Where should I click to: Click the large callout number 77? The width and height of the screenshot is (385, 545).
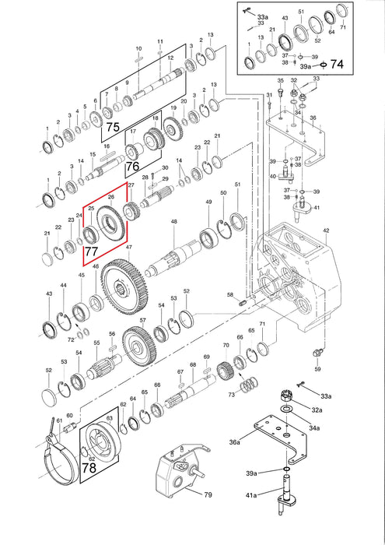click(92, 251)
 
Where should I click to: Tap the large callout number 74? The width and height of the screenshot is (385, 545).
click(337, 64)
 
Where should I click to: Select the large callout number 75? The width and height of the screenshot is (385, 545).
click(113, 127)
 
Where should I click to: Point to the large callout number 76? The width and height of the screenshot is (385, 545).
click(133, 166)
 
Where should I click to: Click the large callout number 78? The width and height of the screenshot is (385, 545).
click(89, 468)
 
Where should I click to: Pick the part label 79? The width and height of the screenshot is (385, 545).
click(208, 494)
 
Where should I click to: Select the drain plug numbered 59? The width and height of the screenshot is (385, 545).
click(317, 353)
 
